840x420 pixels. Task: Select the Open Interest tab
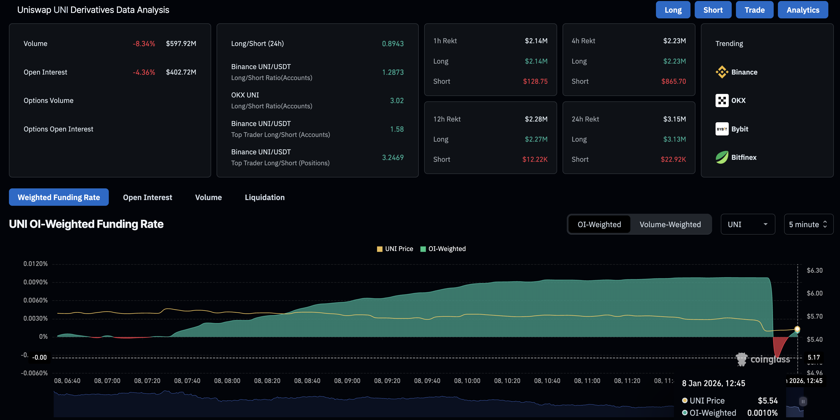pyautogui.click(x=147, y=197)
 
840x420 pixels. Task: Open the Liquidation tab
pyautogui.click(x=265, y=197)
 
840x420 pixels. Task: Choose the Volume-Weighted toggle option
pyautogui.click(x=670, y=224)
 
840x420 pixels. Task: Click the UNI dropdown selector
pyautogui.click(x=747, y=224)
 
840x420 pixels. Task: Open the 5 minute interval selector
pyautogui.click(x=808, y=224)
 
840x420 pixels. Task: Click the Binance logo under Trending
pyautogui.click(x=722, y=72)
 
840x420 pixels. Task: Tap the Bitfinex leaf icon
pyautogui.click(x=722, y=157)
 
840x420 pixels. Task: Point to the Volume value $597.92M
pyautogui.click(x=181, y=43)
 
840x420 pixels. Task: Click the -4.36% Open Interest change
pyautogui.click(x=144, y=72)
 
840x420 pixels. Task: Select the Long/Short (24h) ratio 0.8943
pyautogui.click(x=393, y=43)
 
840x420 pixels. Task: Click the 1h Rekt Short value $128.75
pyautogui.click(x=535, y=81)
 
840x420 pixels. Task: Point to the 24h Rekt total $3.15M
pyautogui.click(x=674, y=119)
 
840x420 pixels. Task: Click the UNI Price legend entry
pyautogui.click(x=395, y=249)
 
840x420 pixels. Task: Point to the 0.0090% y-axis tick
pyautogui.click(x=35, y=282)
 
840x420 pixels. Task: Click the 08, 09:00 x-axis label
pyautogui.click(x=347, y=380)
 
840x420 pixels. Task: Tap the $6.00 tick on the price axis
pyautogui.click(x=814, y=293)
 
